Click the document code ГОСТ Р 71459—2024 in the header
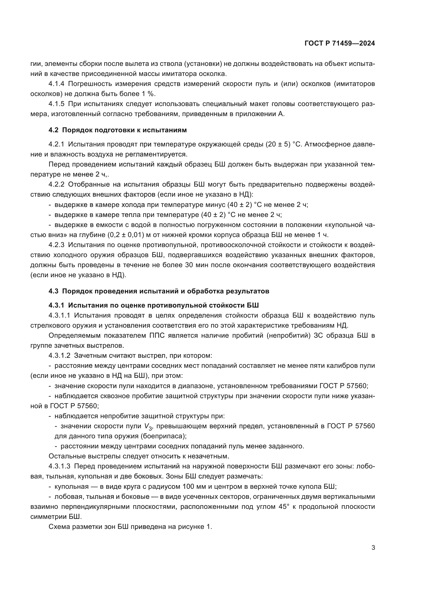[340, 43]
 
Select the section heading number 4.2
[53, 130]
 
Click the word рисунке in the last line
[189, 527]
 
